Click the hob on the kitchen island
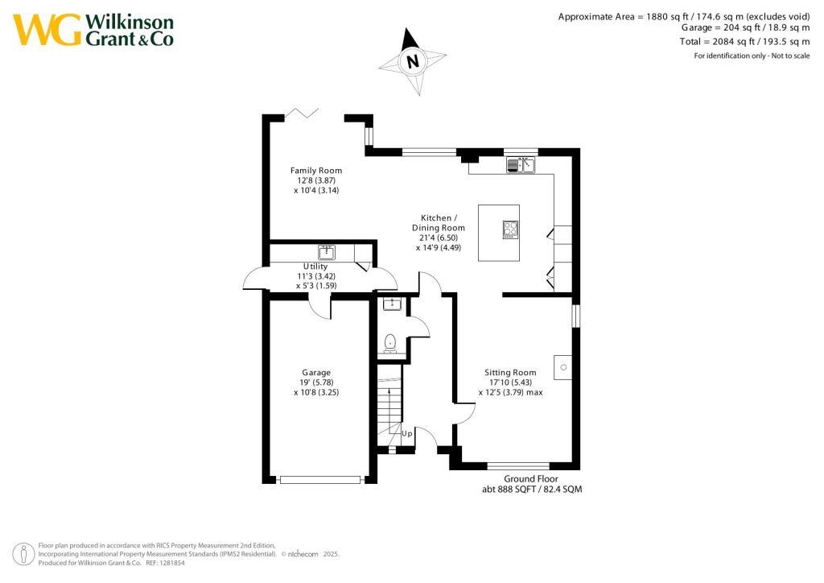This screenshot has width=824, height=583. click(x=510, y=231)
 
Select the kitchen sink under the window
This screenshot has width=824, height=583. click(x=521, y=166)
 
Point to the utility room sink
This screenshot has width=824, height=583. click(x=326, y=251)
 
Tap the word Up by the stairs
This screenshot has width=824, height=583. click(x=407, y=433)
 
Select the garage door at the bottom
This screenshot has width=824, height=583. click(x=319, y=480)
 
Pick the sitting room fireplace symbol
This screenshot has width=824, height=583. click(x=563, y=367)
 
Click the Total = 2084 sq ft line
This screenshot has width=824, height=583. click(x=756, y=41)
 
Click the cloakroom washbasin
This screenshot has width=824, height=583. click(x=392, y=304)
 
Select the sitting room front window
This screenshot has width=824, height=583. click(x=518, y=465)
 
